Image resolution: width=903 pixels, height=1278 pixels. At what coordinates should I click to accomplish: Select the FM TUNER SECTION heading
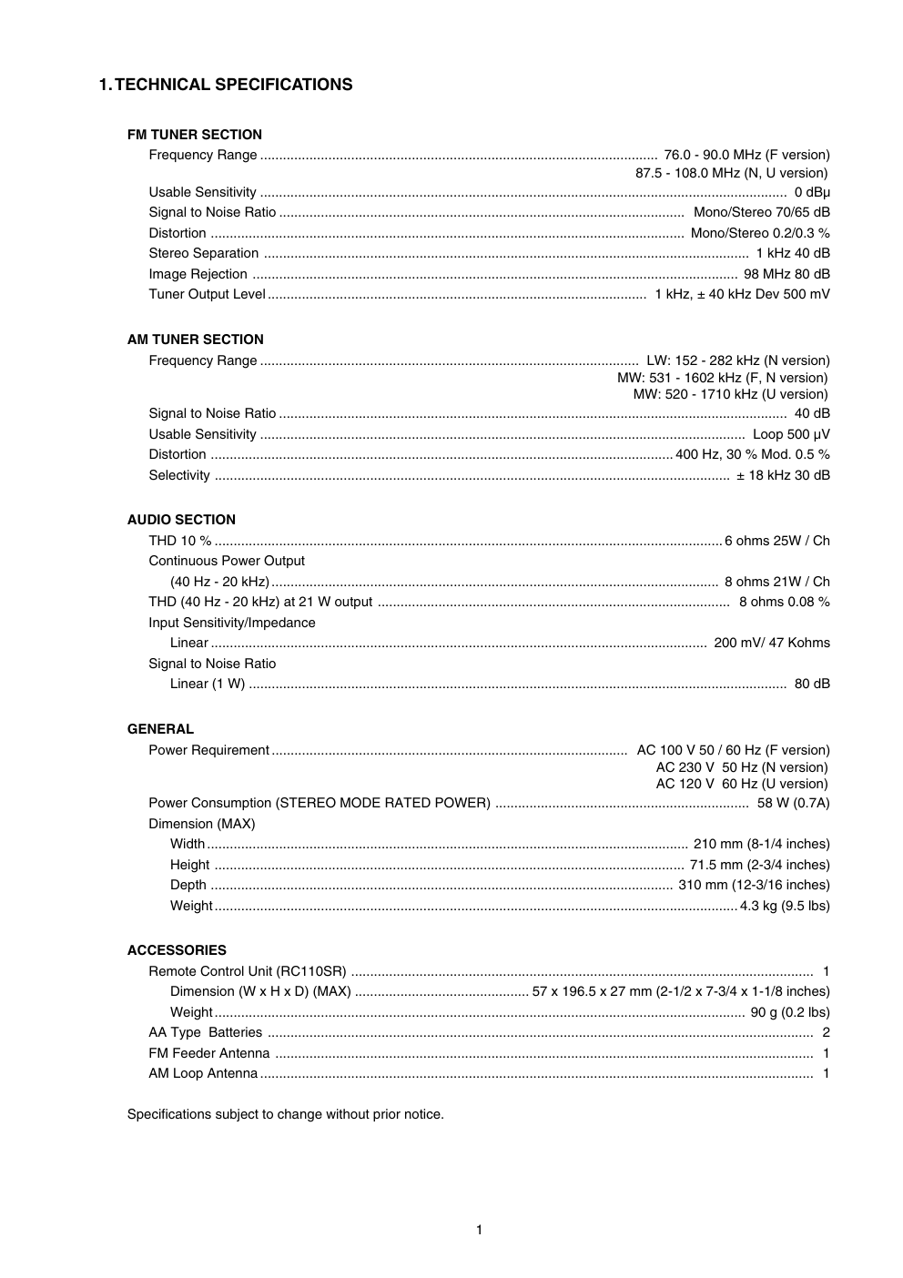click(x=195, y=135)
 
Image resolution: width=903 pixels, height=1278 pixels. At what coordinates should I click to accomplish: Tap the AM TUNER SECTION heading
click(x=196, y=340)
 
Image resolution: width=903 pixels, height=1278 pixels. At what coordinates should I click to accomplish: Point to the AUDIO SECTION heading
click(x=181, y=520)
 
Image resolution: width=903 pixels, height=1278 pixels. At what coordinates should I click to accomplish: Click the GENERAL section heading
click(x=160, y=729)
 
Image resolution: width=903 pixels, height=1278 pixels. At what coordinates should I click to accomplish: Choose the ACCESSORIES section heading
click(x=177, y=950)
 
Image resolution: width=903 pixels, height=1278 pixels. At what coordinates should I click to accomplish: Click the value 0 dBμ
click(x=812, y=192)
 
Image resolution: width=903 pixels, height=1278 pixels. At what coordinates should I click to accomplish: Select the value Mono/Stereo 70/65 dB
click(x=762, y=212)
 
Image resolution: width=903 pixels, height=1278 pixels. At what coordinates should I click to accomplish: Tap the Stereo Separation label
click(x=204, y=253)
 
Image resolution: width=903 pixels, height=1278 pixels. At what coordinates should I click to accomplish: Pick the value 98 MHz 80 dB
click(x=786, y=274)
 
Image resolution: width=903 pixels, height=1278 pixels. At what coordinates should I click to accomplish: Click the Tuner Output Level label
click(x=208, y=294)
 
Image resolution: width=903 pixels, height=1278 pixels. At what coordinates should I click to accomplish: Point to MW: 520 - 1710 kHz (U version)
click(x=730, y=394)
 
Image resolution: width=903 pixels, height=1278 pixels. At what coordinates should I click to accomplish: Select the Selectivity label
click(x=179, y=475)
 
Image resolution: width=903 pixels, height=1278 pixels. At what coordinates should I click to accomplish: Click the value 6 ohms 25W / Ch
click(x=777, y=541)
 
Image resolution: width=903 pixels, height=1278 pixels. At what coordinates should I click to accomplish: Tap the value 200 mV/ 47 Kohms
click(x=772, y=643)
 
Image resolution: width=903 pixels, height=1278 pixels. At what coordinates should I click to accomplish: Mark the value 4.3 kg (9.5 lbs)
click(x=785, y=906)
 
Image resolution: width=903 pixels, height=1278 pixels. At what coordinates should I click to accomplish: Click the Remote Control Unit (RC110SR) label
click(x=248, y=971)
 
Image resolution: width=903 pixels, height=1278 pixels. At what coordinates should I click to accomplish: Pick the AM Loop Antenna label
click(x=203, y=1073)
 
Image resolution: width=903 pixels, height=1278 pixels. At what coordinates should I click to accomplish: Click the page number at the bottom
click(x=479, y=1231)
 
